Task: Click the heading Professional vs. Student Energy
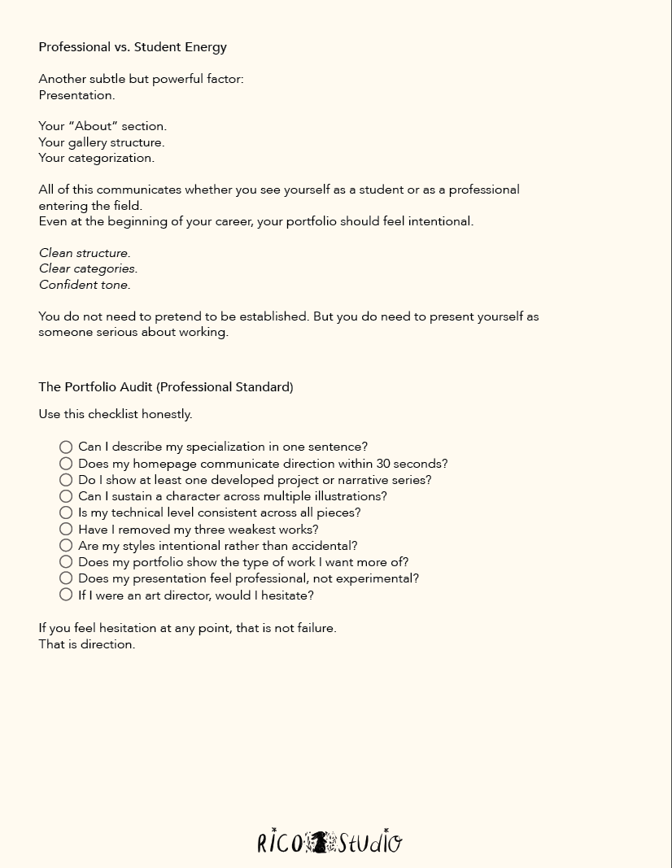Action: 133,47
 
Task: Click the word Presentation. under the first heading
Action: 76,95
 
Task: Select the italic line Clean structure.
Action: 85,253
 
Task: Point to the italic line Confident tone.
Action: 85,285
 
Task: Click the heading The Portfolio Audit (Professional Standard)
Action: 166,387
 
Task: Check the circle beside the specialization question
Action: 66,447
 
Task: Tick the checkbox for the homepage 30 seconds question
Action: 66,464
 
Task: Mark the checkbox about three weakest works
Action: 66,530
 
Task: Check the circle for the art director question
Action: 66,595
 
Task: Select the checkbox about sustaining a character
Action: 66,496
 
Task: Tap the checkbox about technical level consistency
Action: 66,513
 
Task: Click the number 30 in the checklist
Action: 384,464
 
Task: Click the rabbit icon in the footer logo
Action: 320,842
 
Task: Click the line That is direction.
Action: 87,644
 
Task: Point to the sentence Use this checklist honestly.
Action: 116,414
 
